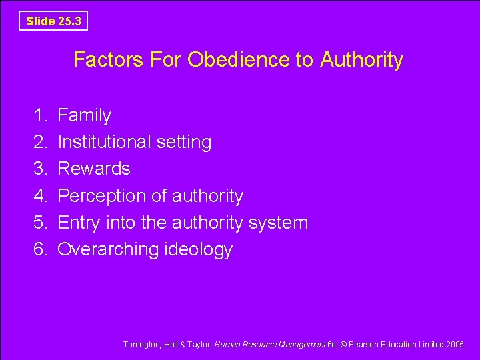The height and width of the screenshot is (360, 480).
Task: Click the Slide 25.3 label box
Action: tap(53, 21)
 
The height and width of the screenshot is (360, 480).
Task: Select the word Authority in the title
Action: tap(361, 60)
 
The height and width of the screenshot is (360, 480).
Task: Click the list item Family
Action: tap(84, 115)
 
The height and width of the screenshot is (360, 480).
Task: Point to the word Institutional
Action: tap(105, 142)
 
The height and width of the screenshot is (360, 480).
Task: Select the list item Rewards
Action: tap(93, 169)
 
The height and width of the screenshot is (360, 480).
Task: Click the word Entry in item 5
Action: tap(79, 223)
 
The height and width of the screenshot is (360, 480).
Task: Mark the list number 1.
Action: tap(39, 115)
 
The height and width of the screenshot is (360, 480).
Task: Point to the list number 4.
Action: tap(39, 196)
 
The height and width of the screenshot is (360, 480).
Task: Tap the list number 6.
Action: tap(39, 249)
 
